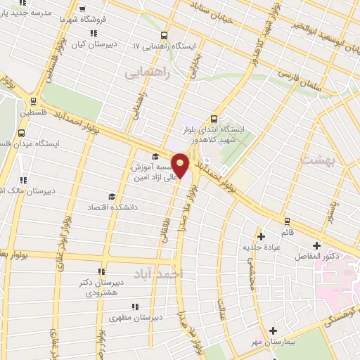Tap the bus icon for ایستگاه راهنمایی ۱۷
pos(164,34)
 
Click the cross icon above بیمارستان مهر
pos(273,330)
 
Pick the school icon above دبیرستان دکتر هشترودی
pos(101,271)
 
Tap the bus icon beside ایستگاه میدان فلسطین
pos(22,131)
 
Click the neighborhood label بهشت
pos(314,160)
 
